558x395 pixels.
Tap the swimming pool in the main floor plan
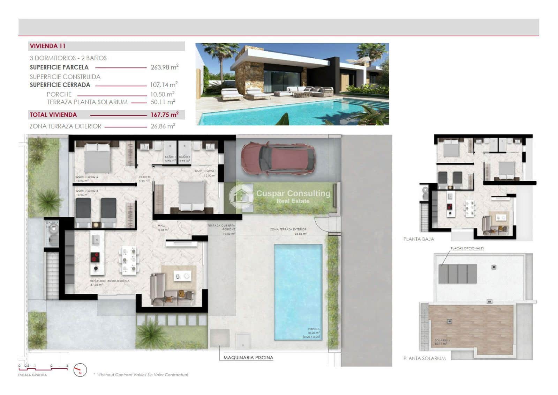tap(297, 292)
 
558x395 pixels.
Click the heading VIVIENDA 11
tap(48, 46)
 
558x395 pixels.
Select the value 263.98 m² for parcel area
tap(164, 67)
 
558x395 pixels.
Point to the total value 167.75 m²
tap(164, 115)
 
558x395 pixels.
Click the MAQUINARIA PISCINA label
tap(248, 358)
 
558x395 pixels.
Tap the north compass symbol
tap(80, 370)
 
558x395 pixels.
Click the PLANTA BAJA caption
tap(418, 239)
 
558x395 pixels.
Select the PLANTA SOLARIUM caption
tap(424, 358)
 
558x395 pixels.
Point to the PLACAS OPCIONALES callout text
tap(467, 248)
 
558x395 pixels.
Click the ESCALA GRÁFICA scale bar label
tap(32, 375)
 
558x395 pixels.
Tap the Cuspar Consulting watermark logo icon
tap(241, 197)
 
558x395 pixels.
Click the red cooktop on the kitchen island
tap(95, 257)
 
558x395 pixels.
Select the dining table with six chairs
tap(128, 260)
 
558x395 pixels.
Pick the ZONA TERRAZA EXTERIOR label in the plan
tap(288, 229)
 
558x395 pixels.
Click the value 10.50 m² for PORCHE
tap(162, 94)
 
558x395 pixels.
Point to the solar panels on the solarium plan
tap(458, 274)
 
